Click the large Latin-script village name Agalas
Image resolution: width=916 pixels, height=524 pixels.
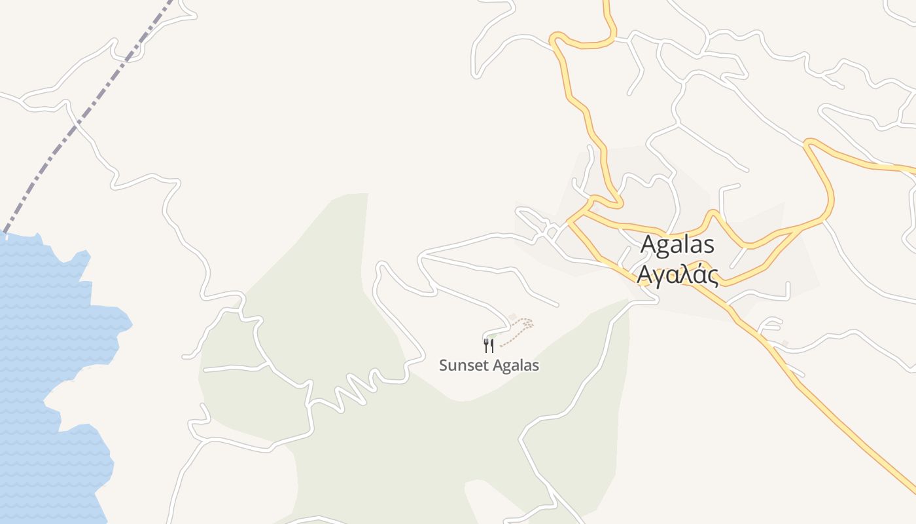tap(677, 244)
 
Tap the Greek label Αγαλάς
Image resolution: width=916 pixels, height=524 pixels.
tap(678, 275)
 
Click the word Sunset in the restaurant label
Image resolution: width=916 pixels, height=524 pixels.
tap(461, 365)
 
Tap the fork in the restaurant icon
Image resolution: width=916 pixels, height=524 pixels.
tap(485, 345)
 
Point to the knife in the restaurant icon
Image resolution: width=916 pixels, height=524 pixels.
tap(491, 345)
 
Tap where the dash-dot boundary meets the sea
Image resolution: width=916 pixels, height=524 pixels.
tap(5, 233)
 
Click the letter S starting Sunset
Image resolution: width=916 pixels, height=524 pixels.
tap(443, 365)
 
